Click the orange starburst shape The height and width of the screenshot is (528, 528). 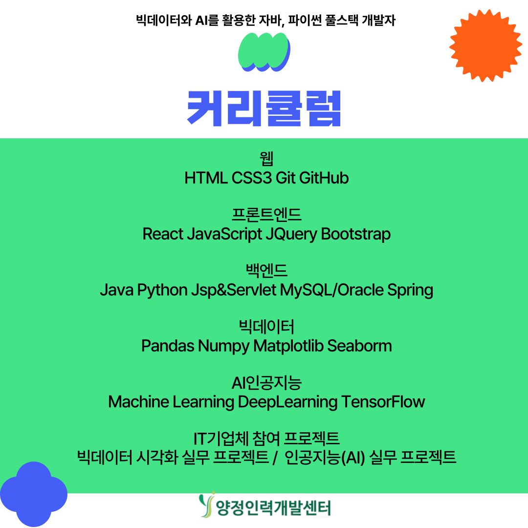click(485, 45)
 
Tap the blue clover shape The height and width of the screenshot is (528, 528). click(33, 494)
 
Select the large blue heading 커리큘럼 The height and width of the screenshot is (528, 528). click(264, 109)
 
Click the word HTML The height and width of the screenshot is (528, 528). click(206, 178)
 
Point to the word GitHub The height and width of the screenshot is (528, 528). click(324, 178)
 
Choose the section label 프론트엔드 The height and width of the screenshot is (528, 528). click(266, 215)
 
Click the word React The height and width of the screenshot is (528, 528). click(163, 234)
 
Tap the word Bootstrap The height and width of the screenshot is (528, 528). click(355, 234)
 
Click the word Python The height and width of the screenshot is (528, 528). click(162, 290)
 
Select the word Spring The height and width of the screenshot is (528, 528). click(410, 290)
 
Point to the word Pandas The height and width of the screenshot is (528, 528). click(168, 346)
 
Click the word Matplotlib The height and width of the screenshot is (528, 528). click(288, 346)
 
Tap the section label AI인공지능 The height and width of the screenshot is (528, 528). click(266, 383)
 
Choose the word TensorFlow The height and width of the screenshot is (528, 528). click(383, 402)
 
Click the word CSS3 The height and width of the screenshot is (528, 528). click(252, 178)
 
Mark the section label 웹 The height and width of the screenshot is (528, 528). click(266, 158)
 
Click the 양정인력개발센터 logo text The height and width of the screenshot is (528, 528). click(273, 508)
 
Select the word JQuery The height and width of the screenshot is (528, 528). click(291, 234)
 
